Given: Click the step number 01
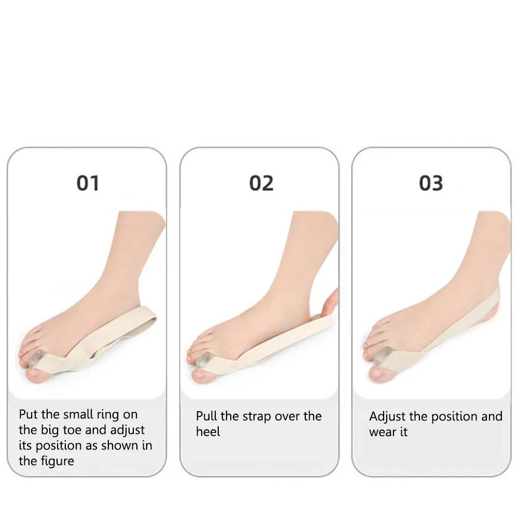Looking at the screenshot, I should pyautogui.click(x=88, y=183).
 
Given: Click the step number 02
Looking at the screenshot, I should pyautogui.click(x=261, y=183).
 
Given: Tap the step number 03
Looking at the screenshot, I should pyautogui.click(x=431, y=183).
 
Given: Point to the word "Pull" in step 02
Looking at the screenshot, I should pyautogui.click(x=206, y=416).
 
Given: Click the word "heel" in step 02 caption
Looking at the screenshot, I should pyautogui.click(x=208, y=432).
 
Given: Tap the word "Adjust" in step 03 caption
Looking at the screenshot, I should pyautogui.click(x=387, y=416).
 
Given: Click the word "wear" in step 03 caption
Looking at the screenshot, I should pyautogui.click(x=382, y=432).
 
